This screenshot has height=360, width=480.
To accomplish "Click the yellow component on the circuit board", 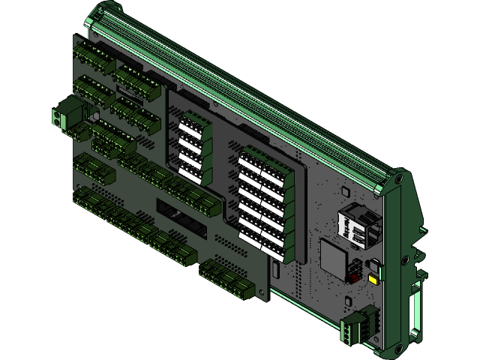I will click(373, 279).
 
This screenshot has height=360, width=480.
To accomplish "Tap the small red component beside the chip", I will click(351, 274).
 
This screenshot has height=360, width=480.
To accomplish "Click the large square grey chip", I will click(334, 257).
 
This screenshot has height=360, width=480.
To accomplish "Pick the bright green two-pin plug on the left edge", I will click(66, 115).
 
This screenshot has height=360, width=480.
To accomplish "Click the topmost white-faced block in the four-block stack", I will click(193, 124).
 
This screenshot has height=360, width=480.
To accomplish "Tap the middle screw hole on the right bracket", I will click(405, 260).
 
